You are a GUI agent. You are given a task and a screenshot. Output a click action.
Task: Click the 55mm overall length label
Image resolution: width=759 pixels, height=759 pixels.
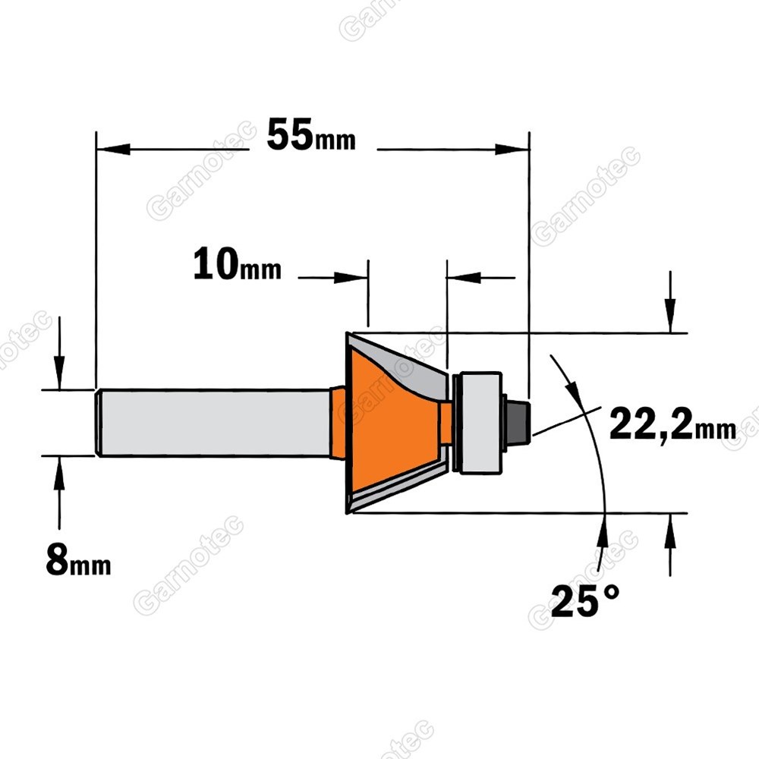click(310, 136)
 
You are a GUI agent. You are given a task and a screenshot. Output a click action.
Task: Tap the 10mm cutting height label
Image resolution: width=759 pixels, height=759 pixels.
click(237, 264)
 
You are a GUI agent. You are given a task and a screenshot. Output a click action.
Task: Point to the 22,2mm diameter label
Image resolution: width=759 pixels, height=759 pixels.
click(672, 424)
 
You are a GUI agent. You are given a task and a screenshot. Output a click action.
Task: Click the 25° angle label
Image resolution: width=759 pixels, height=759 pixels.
click(584, 600)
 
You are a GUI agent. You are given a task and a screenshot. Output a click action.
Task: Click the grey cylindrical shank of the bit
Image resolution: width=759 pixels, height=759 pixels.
click(213, 422)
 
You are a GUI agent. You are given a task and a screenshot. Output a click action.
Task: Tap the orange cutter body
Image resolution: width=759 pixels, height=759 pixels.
click(392, 420)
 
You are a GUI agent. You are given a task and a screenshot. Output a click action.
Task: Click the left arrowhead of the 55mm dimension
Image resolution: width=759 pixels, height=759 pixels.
click(113, 149)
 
